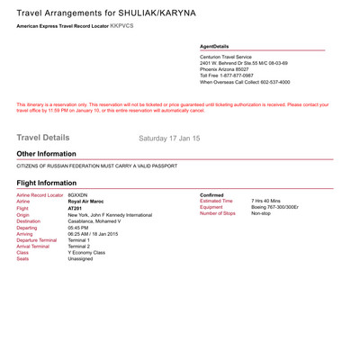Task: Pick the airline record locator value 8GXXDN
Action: click(79, 194)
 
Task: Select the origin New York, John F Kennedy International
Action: click(110, 215)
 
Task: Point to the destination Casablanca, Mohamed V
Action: click(98, 222)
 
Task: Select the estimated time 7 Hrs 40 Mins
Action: click(268, 201)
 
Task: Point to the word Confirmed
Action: click(213, 194)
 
